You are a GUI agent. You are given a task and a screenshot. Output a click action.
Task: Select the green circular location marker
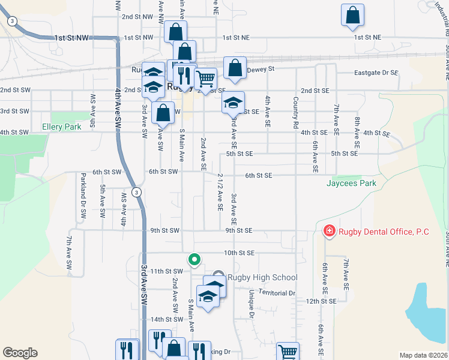tap(194, 260)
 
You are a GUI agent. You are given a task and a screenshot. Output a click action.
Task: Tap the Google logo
tap(20, 353)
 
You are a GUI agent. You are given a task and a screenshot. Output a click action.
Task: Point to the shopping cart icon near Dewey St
tap(205, 78)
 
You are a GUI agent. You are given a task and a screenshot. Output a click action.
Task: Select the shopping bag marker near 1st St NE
tap(352, 15)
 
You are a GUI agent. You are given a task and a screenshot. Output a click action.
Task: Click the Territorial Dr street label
tap(277, 293)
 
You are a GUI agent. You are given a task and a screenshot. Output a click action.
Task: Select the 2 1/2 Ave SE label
tap(220, 192)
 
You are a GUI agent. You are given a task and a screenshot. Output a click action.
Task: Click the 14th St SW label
tap(165, 319)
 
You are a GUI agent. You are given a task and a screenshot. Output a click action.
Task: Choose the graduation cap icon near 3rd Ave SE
tap(233, 103)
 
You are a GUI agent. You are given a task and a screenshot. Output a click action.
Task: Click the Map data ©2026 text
tap(423, 355)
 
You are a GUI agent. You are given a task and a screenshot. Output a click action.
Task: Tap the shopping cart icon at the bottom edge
tap(288, 352)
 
